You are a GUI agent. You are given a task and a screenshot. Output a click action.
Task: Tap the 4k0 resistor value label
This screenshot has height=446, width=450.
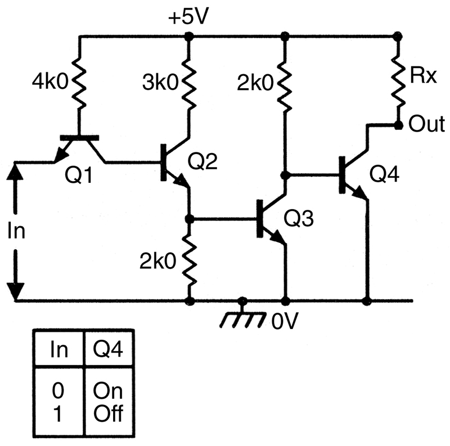(50, 82)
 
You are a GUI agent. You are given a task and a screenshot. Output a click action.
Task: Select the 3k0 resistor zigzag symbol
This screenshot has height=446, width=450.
(189, 84)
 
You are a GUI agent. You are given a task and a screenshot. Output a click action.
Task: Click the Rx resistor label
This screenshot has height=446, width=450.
(424, 75)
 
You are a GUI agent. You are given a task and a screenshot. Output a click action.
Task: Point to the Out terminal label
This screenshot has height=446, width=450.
(427, 124)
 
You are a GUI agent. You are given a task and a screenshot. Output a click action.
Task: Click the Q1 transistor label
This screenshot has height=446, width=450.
(79, 175)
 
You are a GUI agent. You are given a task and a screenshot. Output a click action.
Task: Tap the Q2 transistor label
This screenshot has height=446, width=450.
(202, 161)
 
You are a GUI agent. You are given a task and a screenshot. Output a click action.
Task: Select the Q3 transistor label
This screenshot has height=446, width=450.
(299, 218)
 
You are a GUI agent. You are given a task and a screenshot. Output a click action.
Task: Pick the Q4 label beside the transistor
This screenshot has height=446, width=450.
(384, 174)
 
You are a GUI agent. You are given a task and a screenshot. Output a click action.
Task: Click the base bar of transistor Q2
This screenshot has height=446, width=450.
(164, 163)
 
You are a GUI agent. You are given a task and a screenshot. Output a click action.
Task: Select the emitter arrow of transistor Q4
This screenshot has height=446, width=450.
(361, 193)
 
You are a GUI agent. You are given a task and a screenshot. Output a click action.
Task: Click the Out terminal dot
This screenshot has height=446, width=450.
(398, 125)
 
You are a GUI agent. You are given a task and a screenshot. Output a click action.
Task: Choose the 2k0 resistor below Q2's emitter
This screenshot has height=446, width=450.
(189, 260)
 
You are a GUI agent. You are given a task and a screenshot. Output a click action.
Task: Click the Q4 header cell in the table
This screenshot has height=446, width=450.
(108, 349)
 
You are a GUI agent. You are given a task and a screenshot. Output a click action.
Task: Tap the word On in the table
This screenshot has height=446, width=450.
(107, 391)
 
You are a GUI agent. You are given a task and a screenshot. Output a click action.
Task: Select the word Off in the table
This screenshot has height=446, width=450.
(108, 413)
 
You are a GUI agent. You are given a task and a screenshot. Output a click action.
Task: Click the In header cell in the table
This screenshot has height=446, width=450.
(59, 349)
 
